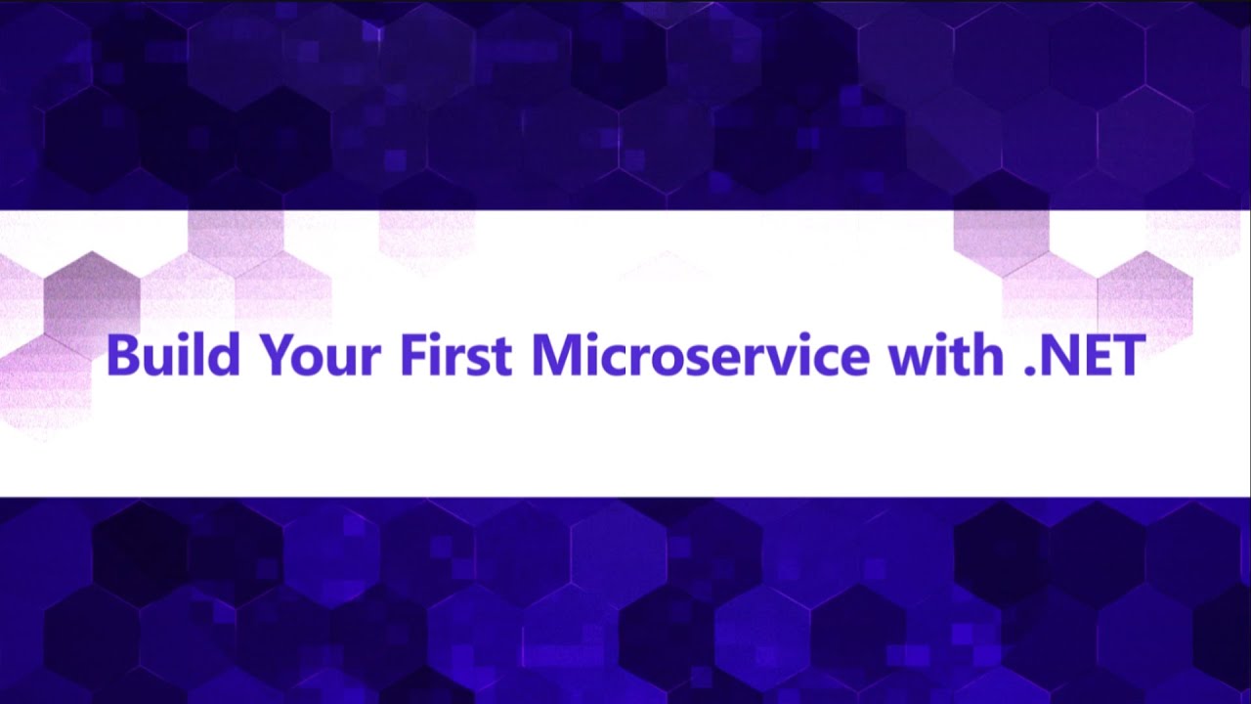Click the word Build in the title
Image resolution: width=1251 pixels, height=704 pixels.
click(x=173, y=354)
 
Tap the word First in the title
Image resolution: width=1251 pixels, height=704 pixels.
click(x=455, y=354)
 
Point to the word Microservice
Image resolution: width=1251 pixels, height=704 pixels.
click(x=700, y=354)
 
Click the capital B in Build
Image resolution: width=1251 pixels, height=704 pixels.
click(x=120, y=355)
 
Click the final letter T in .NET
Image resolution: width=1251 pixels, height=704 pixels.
click(x=1129, y=355)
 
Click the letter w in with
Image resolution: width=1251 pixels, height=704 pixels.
click(x=907, y=360)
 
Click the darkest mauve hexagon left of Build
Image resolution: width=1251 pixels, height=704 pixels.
click(x=92, y=298)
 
